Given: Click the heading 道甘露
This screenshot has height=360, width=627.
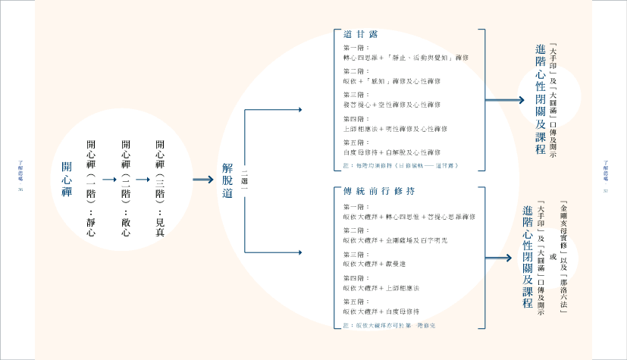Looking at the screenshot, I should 360,35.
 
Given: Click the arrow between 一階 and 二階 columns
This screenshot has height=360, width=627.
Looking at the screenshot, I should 109,179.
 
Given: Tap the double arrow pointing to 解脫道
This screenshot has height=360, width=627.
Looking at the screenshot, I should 202,180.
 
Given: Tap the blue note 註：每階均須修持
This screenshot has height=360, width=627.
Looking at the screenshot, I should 400,164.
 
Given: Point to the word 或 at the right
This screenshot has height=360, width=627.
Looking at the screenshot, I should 553,258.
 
